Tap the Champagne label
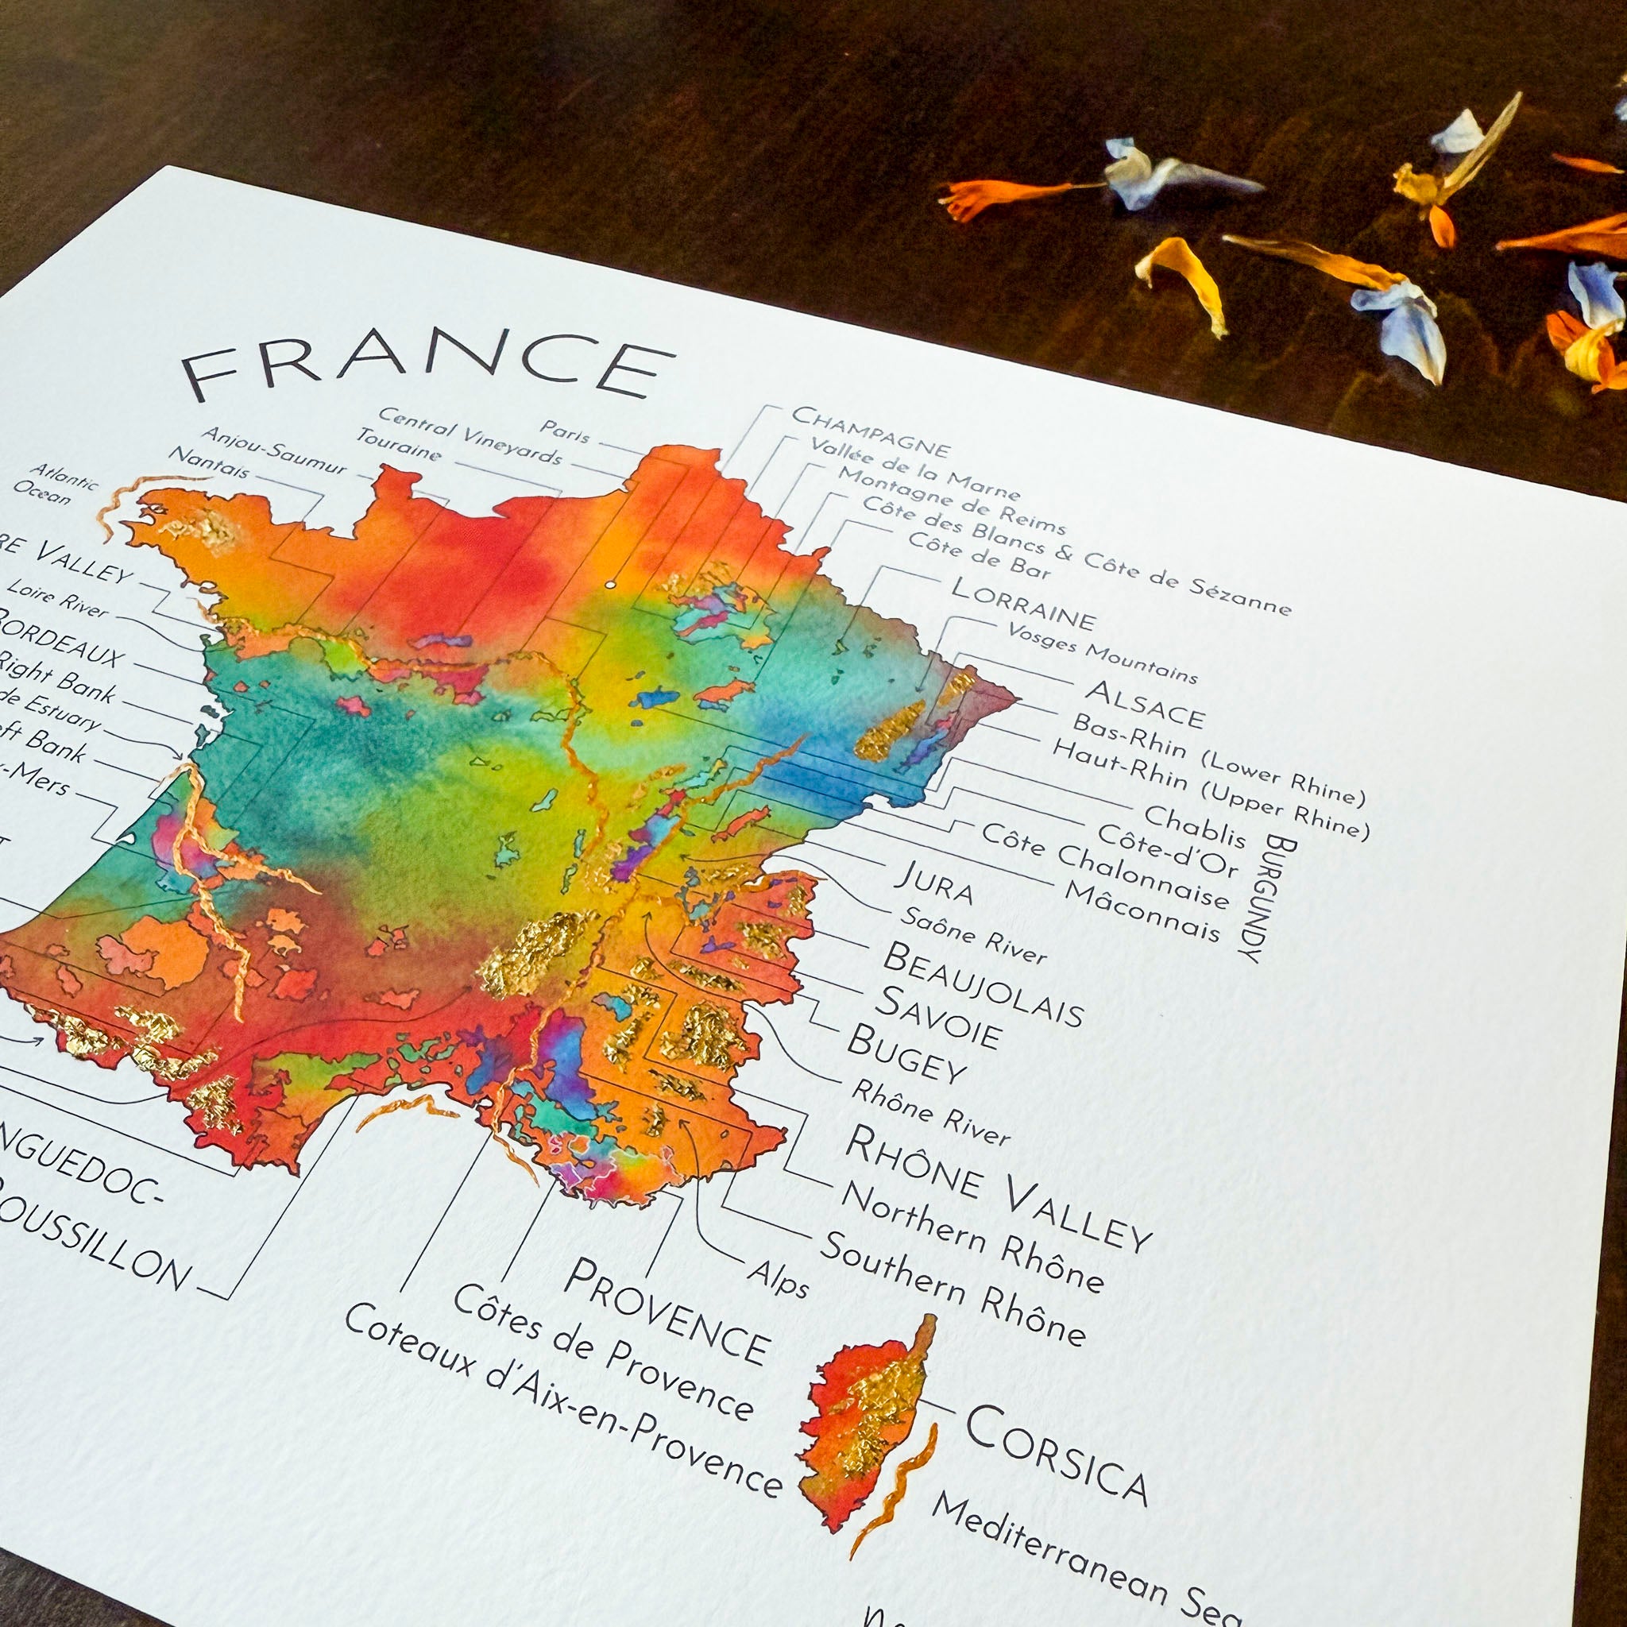871,431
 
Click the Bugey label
906,1054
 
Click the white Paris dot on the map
609,585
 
